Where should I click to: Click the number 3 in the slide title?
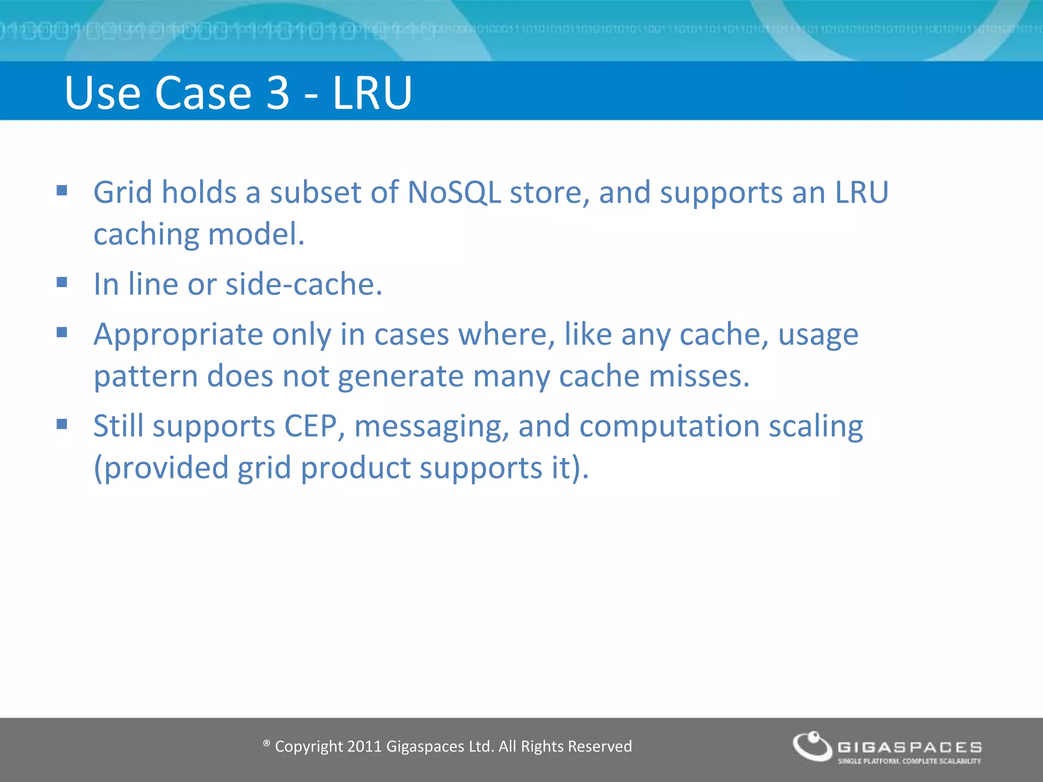(278, 93)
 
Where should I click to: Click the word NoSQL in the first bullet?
(454, 192)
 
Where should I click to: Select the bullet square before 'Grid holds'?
(62, 190)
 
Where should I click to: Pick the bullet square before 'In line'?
(62, 282)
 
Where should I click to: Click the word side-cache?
(304, 284)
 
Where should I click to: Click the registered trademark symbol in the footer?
(266, 744)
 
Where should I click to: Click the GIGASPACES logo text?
(910, 747)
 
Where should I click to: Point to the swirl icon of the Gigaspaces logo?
(812, 746)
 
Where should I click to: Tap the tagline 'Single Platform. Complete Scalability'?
(909, 761)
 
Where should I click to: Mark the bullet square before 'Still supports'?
(62, 424)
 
